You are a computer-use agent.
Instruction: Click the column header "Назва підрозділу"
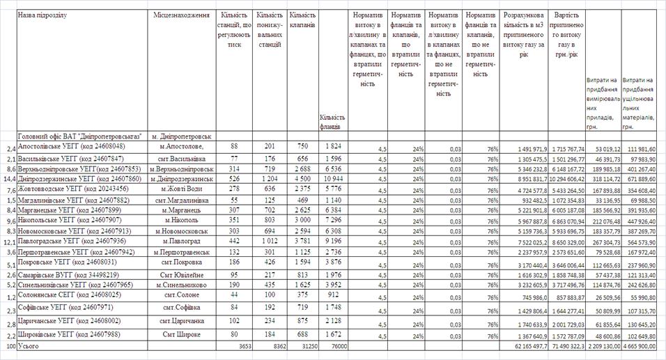coord(42,15)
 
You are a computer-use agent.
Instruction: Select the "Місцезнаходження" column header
coord(181,15)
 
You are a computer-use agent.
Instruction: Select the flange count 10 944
coord(333,178)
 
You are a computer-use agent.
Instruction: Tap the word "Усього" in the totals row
coord(29,345)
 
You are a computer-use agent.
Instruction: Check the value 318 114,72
coord(603,178)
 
